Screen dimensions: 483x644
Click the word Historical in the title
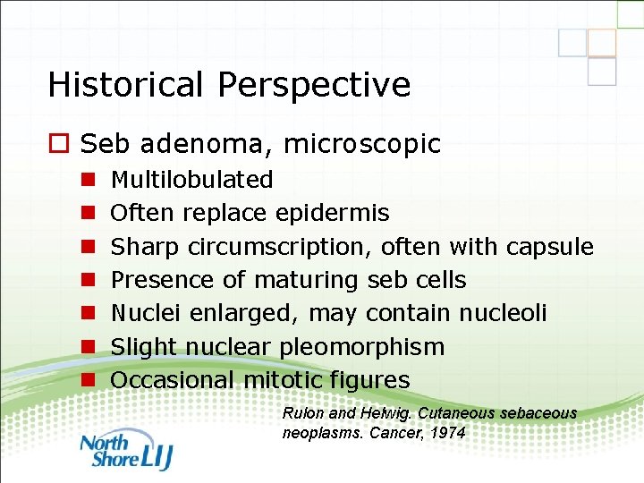pos(123,85)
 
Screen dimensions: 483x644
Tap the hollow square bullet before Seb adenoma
pos(60,144)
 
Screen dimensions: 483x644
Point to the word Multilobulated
pos(191,180)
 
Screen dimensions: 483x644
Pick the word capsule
pos(549,247)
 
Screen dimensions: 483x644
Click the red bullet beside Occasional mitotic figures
pos(89,380)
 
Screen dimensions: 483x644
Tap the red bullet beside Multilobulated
pos(89,180)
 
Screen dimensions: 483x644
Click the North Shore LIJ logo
pos(125,450)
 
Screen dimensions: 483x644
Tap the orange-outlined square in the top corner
pos(602,43)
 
